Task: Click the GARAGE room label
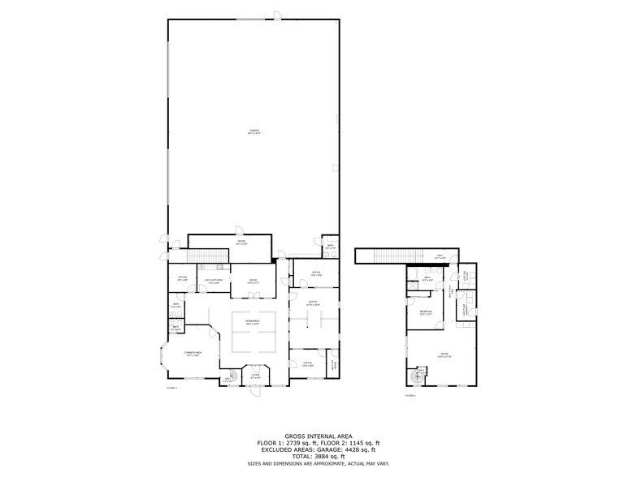(254, 133)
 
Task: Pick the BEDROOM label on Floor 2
(425, 312)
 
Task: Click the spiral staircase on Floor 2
(420, 376)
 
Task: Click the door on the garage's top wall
(276, 15)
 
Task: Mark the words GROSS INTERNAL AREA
(318, 436)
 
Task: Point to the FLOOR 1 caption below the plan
(172, 389)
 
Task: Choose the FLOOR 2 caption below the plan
(410, 395)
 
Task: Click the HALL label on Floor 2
(440, 256)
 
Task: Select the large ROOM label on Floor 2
(444, 355)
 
